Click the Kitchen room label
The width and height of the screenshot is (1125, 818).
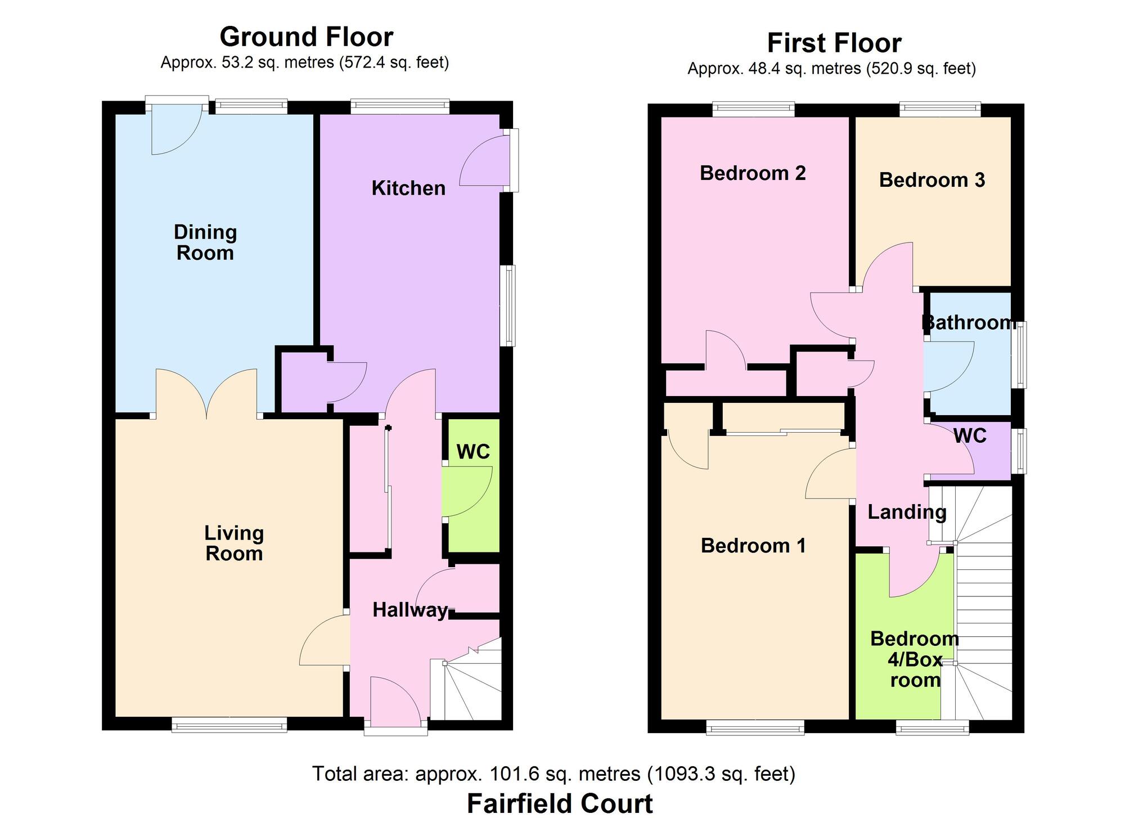[408, 188]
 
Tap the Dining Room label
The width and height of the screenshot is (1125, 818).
[205, 242]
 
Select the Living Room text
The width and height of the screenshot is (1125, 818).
[234, 543]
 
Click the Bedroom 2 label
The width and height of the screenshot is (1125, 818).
[753, 173]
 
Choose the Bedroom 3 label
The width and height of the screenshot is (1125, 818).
[932, 180]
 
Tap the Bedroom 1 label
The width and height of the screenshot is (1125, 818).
[753, 546]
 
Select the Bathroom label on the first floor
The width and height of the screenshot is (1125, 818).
[969, 322]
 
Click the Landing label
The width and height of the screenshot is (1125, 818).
[907, 512]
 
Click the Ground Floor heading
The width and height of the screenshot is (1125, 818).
[306, 37]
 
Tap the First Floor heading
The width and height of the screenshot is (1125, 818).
[834, 43]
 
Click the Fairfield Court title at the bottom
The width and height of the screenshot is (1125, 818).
[560, 803]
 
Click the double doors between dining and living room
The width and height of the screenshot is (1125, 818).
[206, 394]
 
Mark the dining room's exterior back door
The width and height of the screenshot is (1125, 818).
[177, 129]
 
